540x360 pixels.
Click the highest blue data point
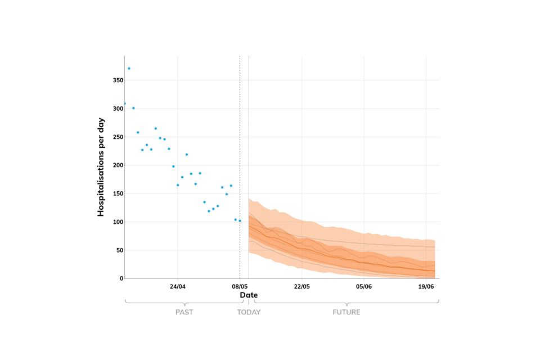[x=129, y=69]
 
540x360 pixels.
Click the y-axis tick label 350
[x=118, y=80]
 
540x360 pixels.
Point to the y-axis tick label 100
[x=118, y=222]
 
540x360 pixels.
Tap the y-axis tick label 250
[x=118, y=137]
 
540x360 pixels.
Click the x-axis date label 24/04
[x=178, y=286]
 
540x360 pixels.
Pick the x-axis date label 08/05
[x=240, y=286]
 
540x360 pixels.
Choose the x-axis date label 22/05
[x=302, y=286]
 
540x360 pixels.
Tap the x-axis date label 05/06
[x=364, y=286]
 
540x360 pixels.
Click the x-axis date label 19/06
[x=426, y=286]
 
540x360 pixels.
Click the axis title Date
[x=249, y=295]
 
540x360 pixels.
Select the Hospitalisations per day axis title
[x=101, y=166]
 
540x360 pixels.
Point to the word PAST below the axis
[x=184, y=312]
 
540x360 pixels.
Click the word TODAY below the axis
[x=249, y=312]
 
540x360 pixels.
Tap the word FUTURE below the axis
[x=346, y=312]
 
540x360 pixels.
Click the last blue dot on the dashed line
[x=240, y=220]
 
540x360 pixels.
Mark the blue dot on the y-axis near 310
[x=125, y=103]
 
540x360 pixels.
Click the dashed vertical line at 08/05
[x=240, y=141]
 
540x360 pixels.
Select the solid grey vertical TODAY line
[x=249, y=141]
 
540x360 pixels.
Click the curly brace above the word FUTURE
[x=346, y=303]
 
